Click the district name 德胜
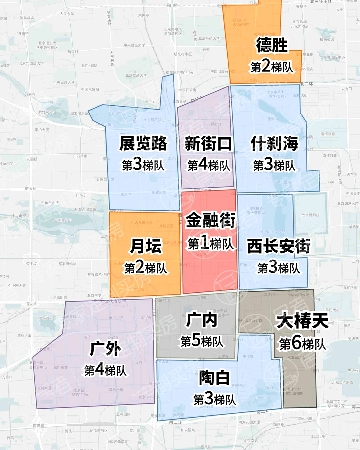pos(272,45)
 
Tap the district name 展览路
pos(143,143)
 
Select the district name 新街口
pos(208,144)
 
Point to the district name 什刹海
pos(274,144)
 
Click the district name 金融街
pos(210,220)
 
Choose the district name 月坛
pos(146,246)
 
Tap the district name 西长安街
pos(279,246)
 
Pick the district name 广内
pos(202,320)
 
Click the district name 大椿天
pos(302,321)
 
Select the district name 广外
pos(105,349)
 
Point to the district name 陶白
pos(214,378)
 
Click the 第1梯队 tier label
pos(210,243)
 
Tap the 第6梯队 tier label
pos(302,343)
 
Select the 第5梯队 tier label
pos(202,341)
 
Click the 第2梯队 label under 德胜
pos(272,67)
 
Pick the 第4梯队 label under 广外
pos(105,370)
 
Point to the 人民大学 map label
pos(67,14)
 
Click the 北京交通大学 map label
pos(136,75)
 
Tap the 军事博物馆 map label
pos(67,264)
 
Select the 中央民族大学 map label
pos(64,82)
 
